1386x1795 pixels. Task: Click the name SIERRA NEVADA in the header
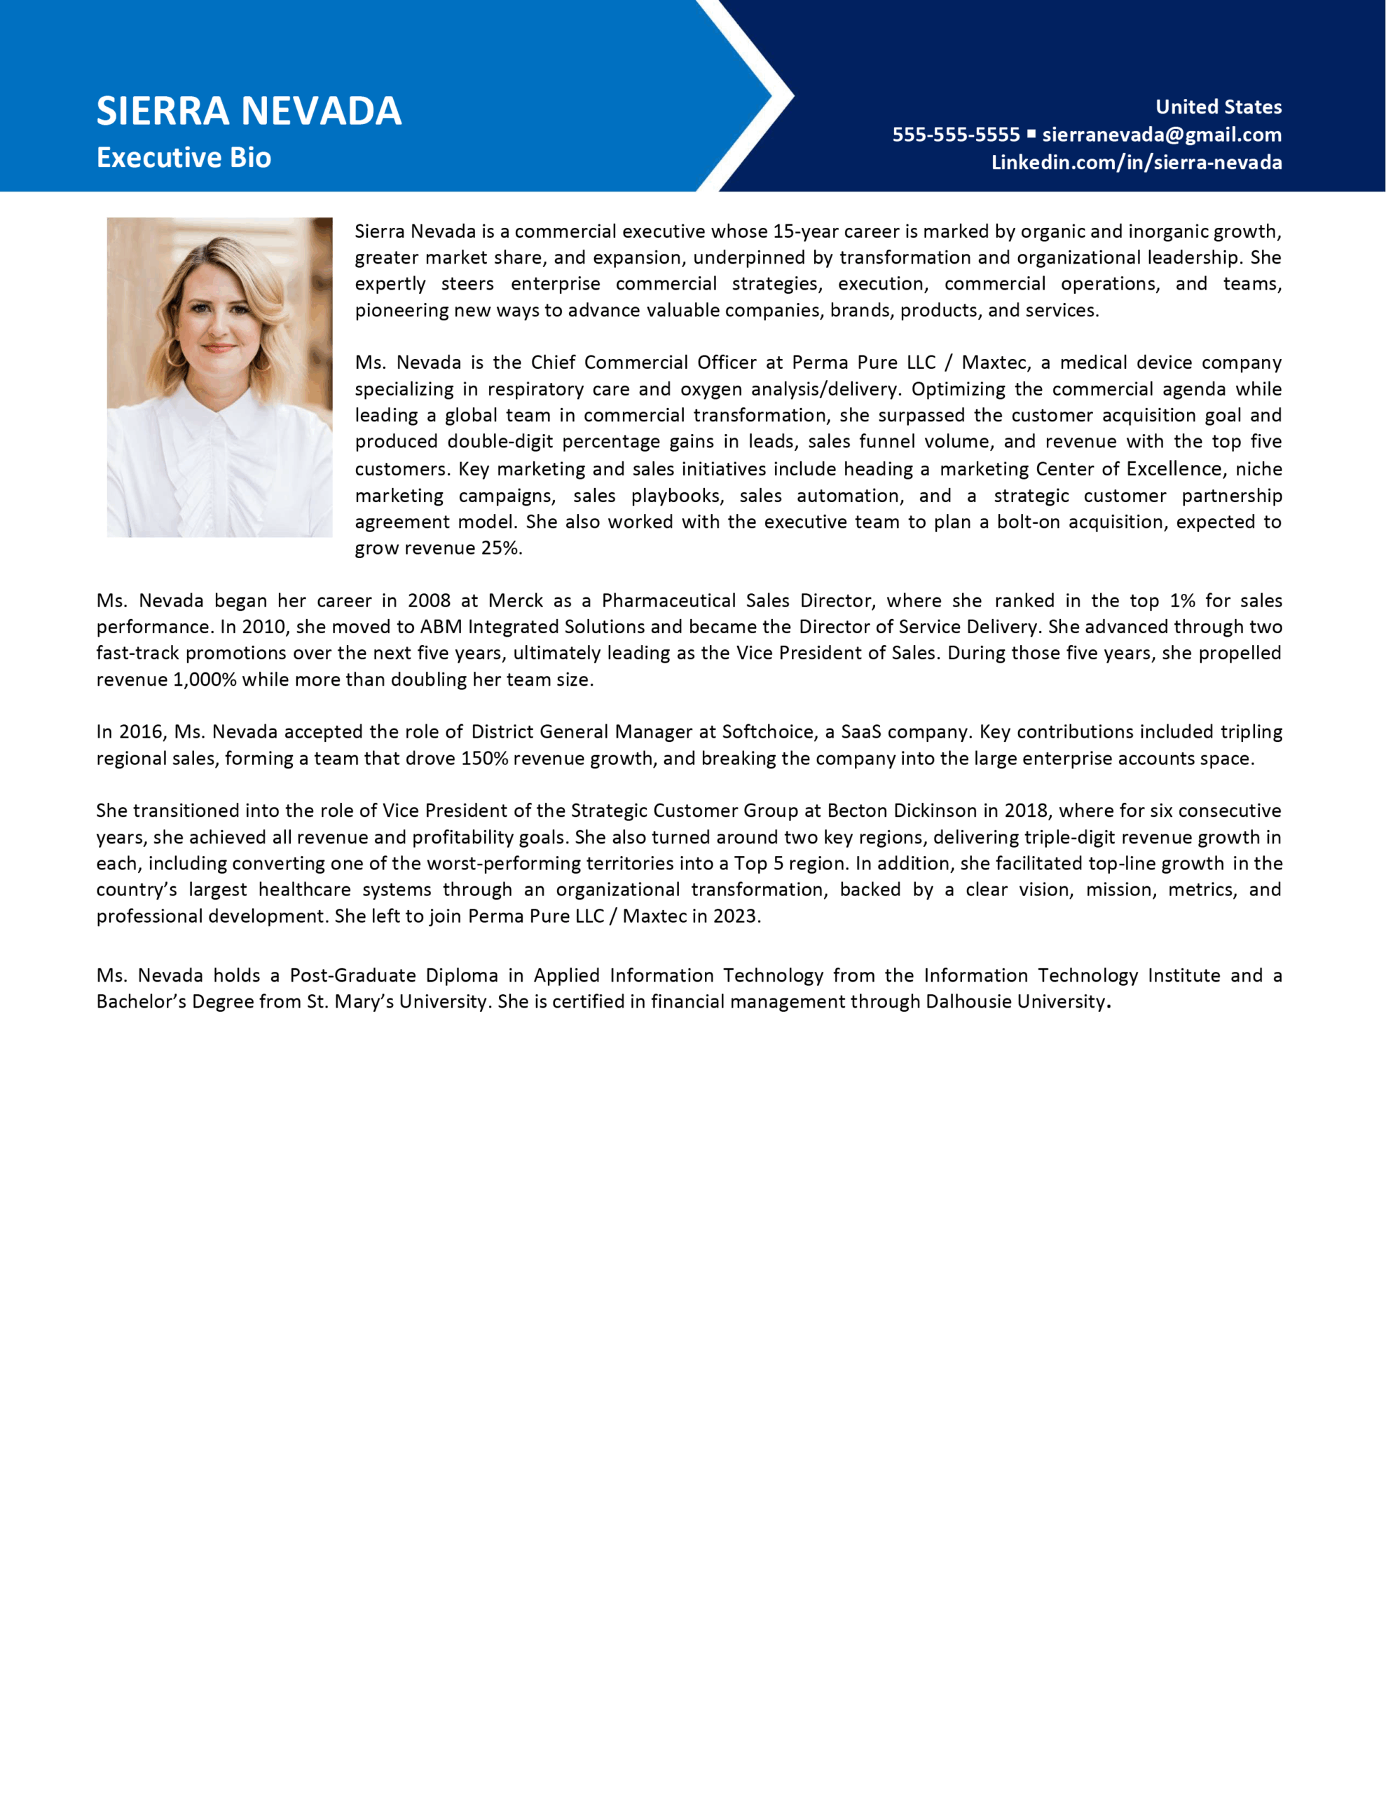(x=248, y=111)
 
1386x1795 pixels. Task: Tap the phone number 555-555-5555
(x=956, y=134)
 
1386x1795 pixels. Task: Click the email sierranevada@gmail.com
(x=1162, y=134)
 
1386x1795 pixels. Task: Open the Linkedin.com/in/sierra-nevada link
(x=1137, y=162)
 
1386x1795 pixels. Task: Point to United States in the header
(x=1219, y=106)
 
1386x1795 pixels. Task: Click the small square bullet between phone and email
(x=1031, y=133)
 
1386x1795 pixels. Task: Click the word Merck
(x=515, y=600)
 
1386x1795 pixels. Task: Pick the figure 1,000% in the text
(x=204, y=679)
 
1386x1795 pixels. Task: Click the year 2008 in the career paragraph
(x=429, y=600)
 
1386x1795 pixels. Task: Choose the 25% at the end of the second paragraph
(x=500, y=548)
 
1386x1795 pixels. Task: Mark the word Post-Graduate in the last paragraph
(x=352, y=975)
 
